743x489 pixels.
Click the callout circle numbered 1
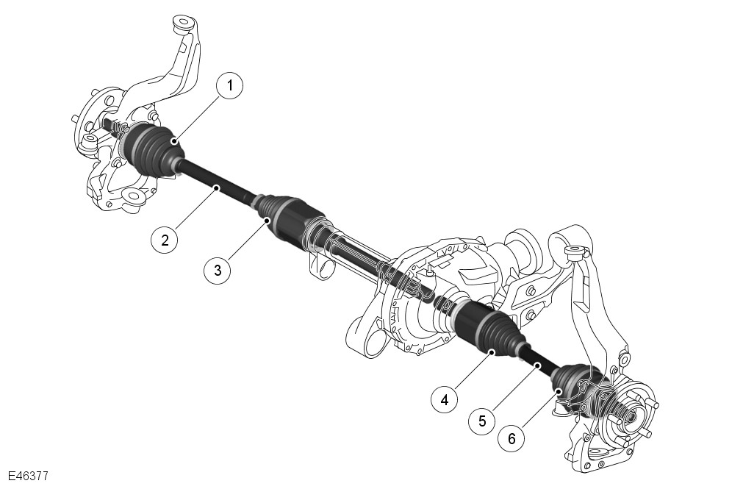(230, 85)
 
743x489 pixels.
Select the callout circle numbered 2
(165, 240)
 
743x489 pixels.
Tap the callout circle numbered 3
(218, 271)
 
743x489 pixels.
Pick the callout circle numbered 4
(445, 400)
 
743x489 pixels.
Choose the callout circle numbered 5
(482, 421)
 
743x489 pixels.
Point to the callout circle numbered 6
(512, 438)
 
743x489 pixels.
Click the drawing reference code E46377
(28, 476)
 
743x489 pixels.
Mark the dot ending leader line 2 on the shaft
(217, 188)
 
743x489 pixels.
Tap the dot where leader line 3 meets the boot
(268, 220)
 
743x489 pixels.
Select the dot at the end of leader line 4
(493, 352)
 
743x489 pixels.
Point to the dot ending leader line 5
(538, 365)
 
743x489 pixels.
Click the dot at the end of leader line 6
(559, 390)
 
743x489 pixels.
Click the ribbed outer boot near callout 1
(153, 149)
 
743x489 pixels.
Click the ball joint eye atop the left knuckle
(184, 24)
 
